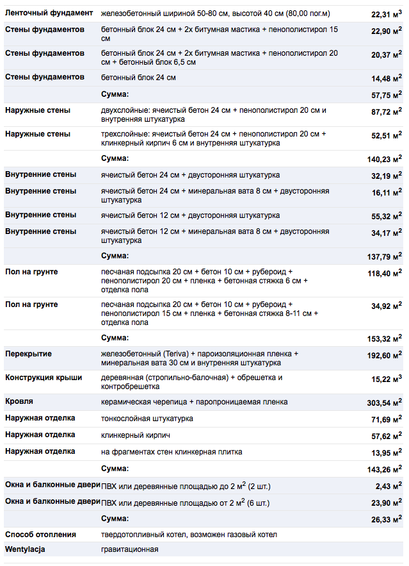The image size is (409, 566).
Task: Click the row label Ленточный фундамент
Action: [49, 13]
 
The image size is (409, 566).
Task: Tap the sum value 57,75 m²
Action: [386, 95]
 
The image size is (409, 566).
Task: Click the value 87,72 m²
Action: [386, 112]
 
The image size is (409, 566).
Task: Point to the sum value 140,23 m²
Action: [384, 159]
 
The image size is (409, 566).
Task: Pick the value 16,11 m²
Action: [386, 192]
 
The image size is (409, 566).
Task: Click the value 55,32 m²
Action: [386, 216]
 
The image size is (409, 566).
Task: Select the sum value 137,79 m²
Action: [384, 256]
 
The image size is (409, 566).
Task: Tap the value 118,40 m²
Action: [384, 273]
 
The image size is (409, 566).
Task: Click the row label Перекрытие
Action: [28, 354]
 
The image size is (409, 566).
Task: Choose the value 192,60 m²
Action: [384, 354]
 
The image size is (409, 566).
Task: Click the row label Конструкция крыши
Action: [44, 378]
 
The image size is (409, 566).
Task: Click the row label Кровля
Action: [19, 402]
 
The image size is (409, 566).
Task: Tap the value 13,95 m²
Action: [386, 453]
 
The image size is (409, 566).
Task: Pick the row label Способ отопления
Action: [40, 535]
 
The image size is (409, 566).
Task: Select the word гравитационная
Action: [129, 549]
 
